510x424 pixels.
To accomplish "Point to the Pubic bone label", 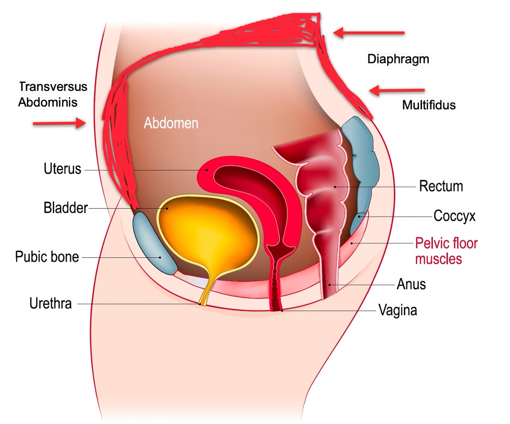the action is coord(47,257).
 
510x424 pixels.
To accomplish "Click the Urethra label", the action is coord(51,303).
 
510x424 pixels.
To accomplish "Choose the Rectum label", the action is coord(441,186).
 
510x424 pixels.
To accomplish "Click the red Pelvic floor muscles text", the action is coord(446,251).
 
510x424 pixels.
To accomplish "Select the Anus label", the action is coord(411,284).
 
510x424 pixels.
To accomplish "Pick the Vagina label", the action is coord(398,310).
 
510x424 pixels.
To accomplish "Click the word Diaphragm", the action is coord(399,59).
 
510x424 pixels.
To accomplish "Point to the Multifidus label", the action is coord(429,105).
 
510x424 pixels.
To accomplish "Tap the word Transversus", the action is coord(53,86).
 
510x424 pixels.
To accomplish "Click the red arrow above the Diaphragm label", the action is coord(369,33).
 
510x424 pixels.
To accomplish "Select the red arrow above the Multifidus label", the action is coord(397,91).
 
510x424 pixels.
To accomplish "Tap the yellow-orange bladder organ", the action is coord(208,232).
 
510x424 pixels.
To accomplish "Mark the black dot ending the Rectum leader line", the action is coord(335,187).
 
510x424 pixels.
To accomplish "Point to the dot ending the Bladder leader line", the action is coord(167,208).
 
